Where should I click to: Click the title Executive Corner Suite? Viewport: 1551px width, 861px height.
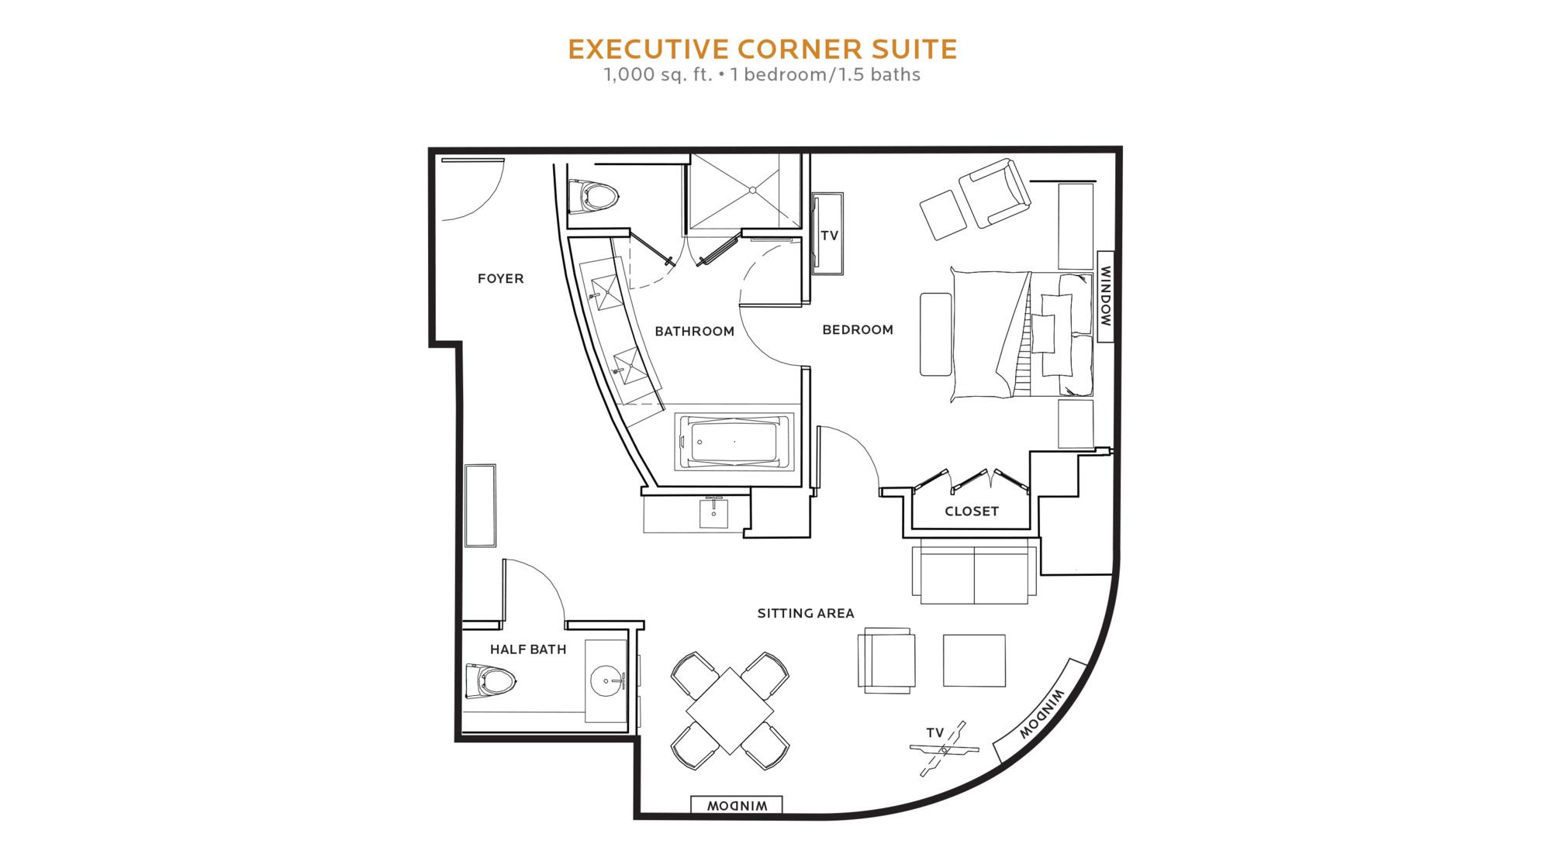(762, 49)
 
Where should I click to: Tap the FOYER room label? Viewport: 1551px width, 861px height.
(501, 278)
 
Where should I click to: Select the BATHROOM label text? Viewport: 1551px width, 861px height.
(694, 331)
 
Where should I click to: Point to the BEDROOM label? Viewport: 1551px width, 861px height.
(858, 329)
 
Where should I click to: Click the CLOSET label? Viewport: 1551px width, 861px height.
(972, 511)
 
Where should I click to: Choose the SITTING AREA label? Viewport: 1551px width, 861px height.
(806, 613)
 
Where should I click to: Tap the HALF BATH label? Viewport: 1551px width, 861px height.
(528, 649)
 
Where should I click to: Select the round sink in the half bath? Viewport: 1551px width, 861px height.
(607, 682)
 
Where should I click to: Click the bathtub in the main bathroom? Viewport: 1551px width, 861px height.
(734, 443)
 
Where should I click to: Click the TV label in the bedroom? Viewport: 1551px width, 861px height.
(830, 236)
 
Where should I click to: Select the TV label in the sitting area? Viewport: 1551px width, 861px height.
(935, 732)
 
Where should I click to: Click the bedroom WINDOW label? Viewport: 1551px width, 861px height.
(1106, 297)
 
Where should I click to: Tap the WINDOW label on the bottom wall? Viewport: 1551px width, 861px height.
(737, 806)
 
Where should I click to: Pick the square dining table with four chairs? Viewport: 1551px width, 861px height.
(731, 711)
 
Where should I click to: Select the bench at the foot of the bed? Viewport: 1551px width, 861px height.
(936, 334)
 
